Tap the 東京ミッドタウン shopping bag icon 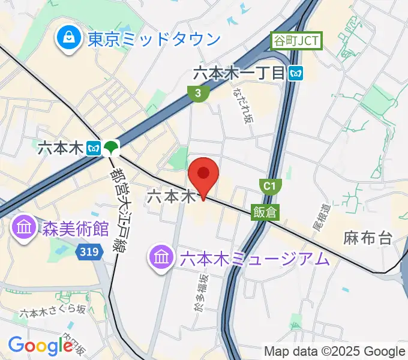point(70,39)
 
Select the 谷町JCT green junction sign point(297,41)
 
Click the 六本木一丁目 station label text point(238,73)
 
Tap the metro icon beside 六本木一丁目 point(295,73)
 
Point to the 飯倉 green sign point(265,212)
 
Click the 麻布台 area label point(368,238)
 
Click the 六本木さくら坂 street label point(53,312)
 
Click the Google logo point(40,345)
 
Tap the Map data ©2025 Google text point(335,351)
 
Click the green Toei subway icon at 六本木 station point(110,147)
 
